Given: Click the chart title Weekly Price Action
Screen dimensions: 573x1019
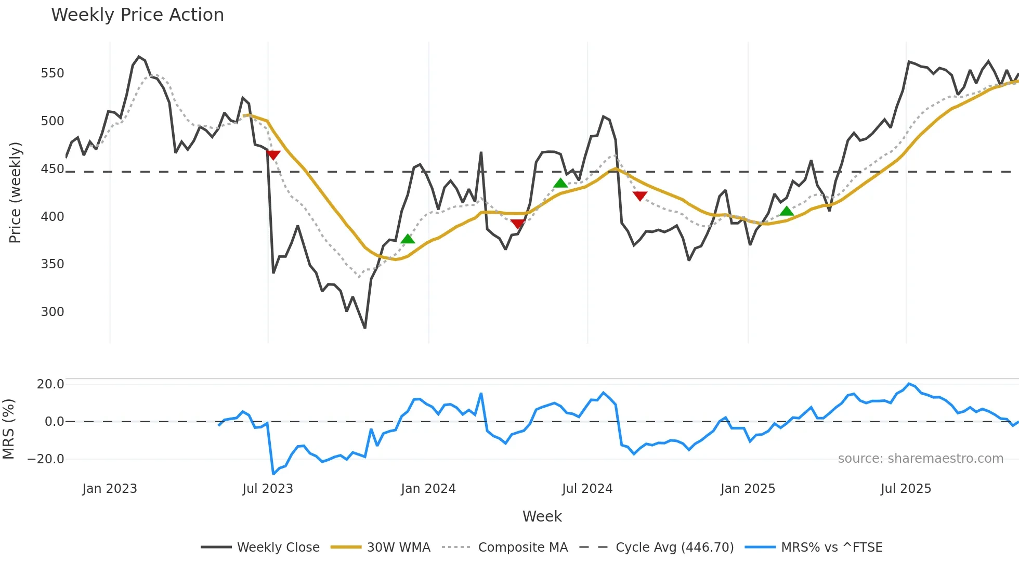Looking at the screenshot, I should (137, 15).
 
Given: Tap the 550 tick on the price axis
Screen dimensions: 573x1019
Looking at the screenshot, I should (53, 73).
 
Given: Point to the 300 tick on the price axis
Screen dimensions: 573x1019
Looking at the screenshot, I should (53, 312).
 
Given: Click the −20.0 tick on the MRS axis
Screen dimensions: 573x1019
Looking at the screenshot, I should (46, 459).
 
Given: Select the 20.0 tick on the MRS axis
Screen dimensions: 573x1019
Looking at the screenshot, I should (50, 384).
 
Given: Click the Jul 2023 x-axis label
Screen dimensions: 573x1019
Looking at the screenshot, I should (268, 489).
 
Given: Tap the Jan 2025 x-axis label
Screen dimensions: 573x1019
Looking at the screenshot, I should (748, 489).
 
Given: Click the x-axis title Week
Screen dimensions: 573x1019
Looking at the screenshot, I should (542, 516).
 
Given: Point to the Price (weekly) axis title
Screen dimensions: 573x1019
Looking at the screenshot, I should (15, 192).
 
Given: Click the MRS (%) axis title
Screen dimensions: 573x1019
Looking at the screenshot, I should (8, 429).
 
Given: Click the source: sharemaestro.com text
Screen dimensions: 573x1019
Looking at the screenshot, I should (920, 459).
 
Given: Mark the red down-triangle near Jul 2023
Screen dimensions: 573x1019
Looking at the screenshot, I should (273, 155).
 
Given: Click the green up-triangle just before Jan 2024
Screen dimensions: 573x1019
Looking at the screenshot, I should (408, 239).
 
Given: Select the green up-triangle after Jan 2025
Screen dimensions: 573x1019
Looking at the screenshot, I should (787, 211).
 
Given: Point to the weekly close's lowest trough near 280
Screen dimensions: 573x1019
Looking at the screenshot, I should (365, 328).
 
